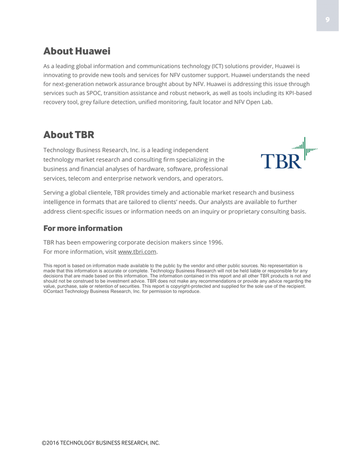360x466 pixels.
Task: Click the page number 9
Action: click(327, 20)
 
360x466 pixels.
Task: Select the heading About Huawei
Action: click(77, 51)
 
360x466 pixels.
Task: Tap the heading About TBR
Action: click(69, 135)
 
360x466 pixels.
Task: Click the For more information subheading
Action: click(83, 228)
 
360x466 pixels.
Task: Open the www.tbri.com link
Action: click(137, 252)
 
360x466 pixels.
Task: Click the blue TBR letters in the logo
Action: click(281, 161)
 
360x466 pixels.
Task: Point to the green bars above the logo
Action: click(304, 146)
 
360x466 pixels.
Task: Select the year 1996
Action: click(213, 242)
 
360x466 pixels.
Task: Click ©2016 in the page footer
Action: click(51, 443)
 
